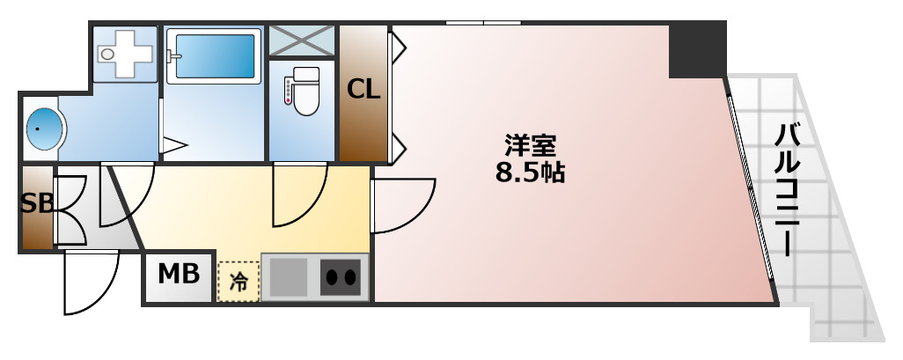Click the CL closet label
coord(363,89)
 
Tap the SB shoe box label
coord(37,203)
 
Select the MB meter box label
coord(178,275)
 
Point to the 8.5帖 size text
coord(529,172)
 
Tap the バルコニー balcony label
coord(788,188)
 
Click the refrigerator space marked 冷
coord(238,281)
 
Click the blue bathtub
coord(215,55)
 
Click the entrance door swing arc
coord(91,282)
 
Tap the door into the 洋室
coord(403,206)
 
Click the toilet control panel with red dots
coord(287,92)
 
